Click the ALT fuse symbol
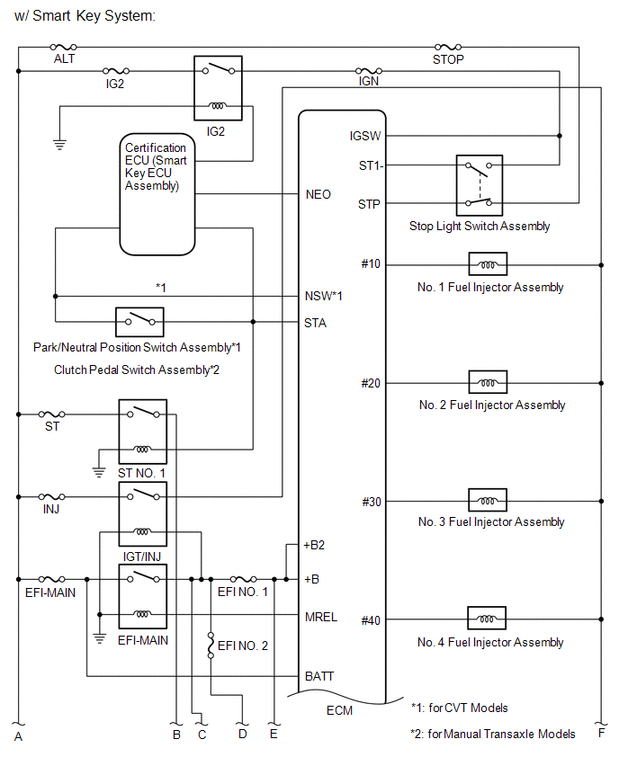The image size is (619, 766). pyautogui.click(x=63, y=46)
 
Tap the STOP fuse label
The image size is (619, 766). pyautogui.click(x=448, y=59)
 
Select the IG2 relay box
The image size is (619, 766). pyautogui.click(x=216, y=88)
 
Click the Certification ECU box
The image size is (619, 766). pyautogui.click(x=157, y=194)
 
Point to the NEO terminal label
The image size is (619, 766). pyautogui.click(x=318, y=194)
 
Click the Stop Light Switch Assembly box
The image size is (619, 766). pyautogui.click(x=479, y=185)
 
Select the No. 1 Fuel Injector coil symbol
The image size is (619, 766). pyautogui.click(x=487, y=264)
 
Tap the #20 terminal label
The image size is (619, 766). pyautogui.click(x=371, y=383)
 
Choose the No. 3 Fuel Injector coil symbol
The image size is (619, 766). pyautogui.click(x=487, y=501)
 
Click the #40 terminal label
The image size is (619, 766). pyautogui.click(x=371, y=619)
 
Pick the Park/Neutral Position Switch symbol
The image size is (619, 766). pyautogui.click(x=139, y=321)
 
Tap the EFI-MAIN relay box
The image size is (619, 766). pyautogui.click(x=142, y=597)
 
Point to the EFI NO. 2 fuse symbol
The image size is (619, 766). pyautogui.click(x=211, y=644)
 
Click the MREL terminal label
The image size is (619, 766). pyautogui.click(x=321, y=616)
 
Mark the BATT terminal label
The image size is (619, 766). pyautogui.click(x=319, y=675)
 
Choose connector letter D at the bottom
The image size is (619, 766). pyautogui.click(x=242, y=735)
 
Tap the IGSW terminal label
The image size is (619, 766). pyautogui.click(x=364, y=136)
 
